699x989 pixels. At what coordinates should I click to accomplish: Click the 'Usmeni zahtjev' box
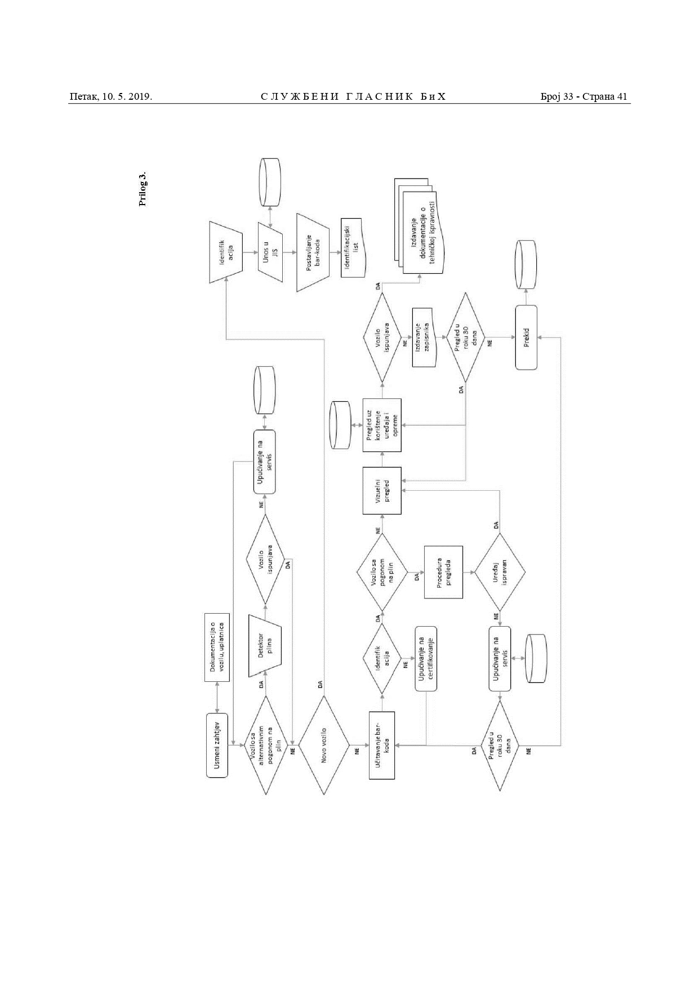[217, 746]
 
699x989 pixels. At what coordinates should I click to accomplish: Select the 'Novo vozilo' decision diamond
[324, 746]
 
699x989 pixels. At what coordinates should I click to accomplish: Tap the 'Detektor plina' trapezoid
[265, 645]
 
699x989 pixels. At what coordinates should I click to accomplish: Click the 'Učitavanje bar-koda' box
[382, 746]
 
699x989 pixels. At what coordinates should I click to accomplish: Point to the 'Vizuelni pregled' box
[382, 490]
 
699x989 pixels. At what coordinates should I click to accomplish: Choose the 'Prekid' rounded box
[526, 338]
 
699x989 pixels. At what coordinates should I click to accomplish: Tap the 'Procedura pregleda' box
[443, 572]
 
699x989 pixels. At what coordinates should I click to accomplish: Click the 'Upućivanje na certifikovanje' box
[426, 659]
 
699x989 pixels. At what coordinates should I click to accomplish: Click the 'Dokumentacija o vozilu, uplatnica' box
[217, 647]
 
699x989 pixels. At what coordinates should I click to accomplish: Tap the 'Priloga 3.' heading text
[143, 189]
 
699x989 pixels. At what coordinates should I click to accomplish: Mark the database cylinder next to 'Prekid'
[526, 265]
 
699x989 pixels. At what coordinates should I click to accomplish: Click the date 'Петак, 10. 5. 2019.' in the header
[111, 97]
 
